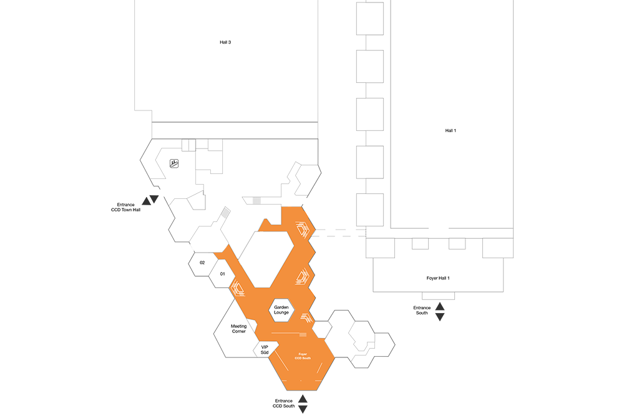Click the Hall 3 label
tap(225, 42)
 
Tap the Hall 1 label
tap(451, 130)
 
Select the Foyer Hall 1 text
tap(438, 278)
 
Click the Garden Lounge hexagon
tap(281, 310)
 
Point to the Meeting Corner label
tap(239, 329)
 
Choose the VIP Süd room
tap(264, 349)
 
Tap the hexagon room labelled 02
tap(203, 263)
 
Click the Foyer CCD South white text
tap(303, 356)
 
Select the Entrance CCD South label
tap(284, 404)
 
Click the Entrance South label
tap(422, 310)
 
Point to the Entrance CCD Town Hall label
tap(126, 207)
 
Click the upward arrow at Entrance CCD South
tap(303, 399)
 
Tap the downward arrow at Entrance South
tap(440, 317)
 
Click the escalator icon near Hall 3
tap(174, 163)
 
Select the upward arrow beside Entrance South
tap(440, 306)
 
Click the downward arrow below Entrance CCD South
tap(303, 409)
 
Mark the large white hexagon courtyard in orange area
tap(266, 259)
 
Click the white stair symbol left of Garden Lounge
tap(238, 288)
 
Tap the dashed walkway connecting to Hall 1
tap(338, 233)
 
